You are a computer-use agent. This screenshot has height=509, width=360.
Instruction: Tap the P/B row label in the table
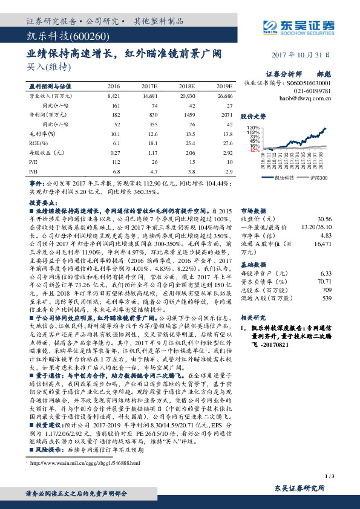click(x=34, y=171)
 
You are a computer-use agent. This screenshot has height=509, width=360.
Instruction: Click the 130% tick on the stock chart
click(x=253, y=129)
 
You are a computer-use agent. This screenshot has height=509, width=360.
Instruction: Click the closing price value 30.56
click(x=325, y=218)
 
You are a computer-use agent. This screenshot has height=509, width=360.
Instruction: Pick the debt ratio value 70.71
click(x=325, y=281)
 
